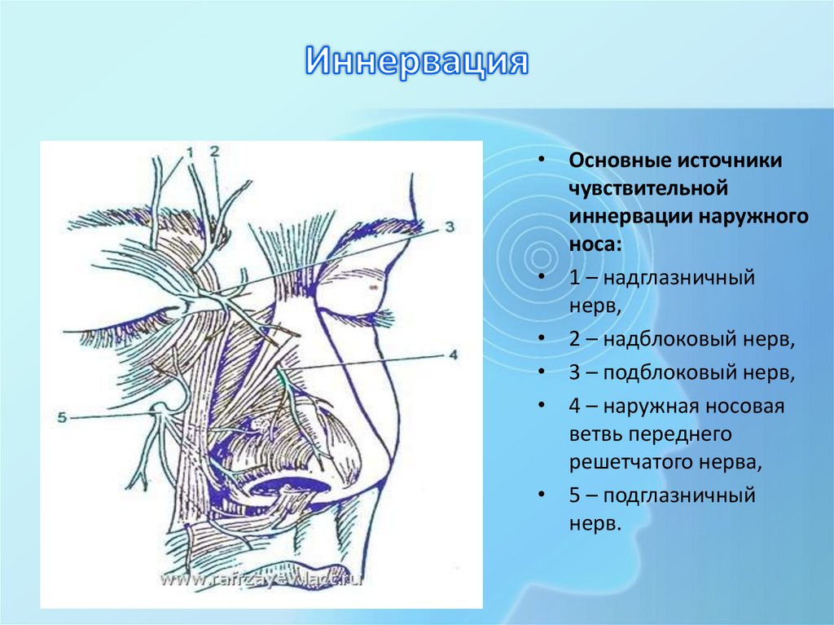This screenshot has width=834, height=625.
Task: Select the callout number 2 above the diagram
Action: click(214, 151)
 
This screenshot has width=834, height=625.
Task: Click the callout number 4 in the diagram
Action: click(453, 354)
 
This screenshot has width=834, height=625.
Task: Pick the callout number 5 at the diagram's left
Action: click(62, 417)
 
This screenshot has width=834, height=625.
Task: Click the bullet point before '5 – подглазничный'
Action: click(542, 495)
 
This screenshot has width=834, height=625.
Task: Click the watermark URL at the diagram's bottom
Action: click(261, 580)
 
